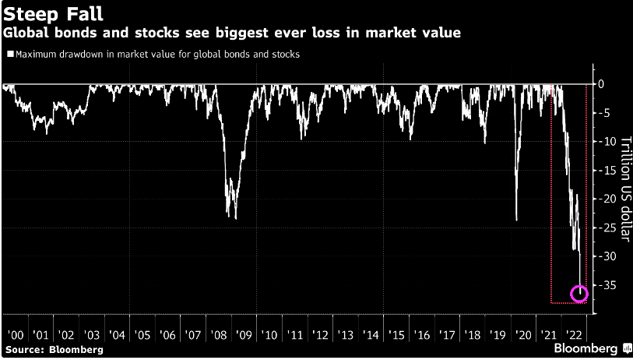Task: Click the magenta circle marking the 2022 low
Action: pos(579,294)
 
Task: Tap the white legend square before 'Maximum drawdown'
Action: pos(9,55)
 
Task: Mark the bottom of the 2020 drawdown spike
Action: pos(517,220)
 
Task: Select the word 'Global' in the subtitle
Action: pos(26,34)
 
